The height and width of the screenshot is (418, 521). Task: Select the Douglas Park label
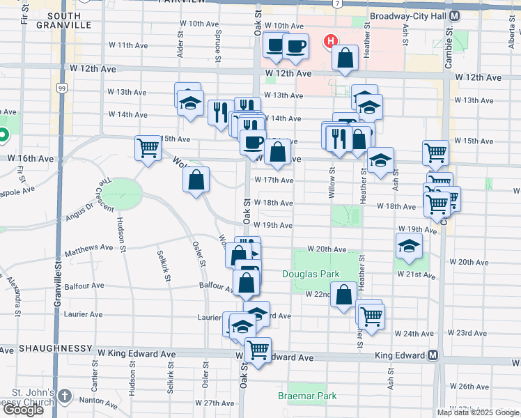311,274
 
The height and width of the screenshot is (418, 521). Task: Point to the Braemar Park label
307,396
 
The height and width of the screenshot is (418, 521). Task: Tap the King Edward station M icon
433,355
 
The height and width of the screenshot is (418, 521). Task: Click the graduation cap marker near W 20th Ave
409,245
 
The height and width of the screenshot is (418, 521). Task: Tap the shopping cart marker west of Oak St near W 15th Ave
148,148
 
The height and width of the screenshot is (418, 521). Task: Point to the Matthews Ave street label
88,247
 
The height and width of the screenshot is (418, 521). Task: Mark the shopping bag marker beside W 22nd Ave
344,294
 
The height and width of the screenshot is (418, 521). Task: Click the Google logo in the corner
23,409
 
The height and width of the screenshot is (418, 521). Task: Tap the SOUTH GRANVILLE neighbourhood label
65,20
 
